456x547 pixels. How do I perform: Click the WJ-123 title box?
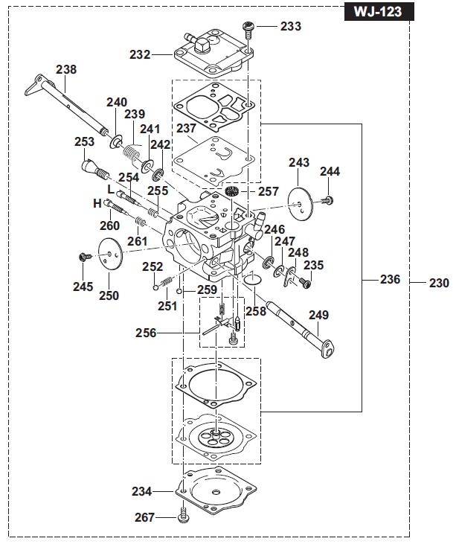(x=379, y=11)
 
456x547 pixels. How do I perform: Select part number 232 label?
(x=140, y=55)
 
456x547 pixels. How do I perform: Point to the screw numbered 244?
(x=327, y=200)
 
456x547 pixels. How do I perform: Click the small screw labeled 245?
(x=85, y=257)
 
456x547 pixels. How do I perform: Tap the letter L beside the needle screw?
(x=111, y=190)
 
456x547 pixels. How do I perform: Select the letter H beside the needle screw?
(x=97, y=203)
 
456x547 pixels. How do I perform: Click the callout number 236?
(x=390, y=279)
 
